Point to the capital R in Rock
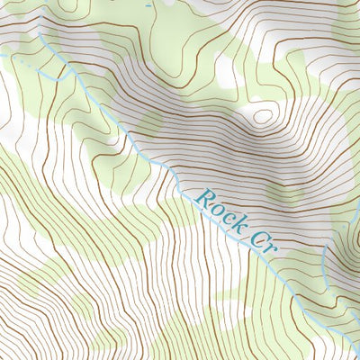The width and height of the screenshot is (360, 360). pyautogui.click(x=202, y=193)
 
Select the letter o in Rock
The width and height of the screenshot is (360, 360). pyautogui.click(x=212, y=203)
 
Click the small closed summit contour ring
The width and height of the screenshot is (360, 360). pyautogui.click(x=262, y=114)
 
